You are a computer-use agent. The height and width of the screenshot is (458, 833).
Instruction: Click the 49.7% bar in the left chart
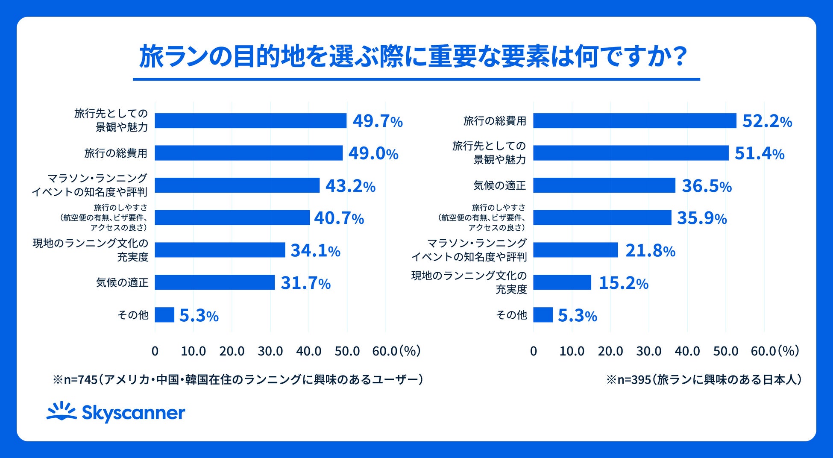pos(250,120)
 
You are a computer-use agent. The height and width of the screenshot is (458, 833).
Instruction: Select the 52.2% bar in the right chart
pos(634,120)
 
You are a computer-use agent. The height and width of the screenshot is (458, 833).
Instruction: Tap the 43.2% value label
pos(350,186)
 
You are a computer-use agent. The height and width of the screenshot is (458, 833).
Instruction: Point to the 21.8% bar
pos(575,250)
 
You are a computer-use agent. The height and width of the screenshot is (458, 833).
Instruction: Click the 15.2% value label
pos(623,283)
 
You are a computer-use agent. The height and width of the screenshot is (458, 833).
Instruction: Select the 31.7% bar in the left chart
pos(214,282)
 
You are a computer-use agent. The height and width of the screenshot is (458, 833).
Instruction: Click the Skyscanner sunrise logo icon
pos(62,412)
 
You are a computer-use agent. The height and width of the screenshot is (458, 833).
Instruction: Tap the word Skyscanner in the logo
pos(133,413)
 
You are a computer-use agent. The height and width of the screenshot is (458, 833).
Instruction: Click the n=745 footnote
pos(238,379)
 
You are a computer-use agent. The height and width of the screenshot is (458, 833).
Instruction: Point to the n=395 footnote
pos(704,379)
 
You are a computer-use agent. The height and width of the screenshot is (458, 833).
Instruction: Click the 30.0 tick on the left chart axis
pos(270,351)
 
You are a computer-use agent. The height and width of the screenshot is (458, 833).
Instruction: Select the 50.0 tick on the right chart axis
pos(725,351)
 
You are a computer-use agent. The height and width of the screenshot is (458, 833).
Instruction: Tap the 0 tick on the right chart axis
pos(533,351)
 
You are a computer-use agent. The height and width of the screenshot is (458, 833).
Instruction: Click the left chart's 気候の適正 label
pos(122,282)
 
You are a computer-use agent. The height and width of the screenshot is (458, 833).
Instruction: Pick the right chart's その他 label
pos(511,315)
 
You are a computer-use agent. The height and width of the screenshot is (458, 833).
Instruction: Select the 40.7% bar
pos(232,217)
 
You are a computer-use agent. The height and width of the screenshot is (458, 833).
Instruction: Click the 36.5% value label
pos(707,186)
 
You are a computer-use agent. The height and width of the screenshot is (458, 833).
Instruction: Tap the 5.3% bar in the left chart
pos(164,315)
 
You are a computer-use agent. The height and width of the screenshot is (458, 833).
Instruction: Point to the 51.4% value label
pos(759,153)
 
